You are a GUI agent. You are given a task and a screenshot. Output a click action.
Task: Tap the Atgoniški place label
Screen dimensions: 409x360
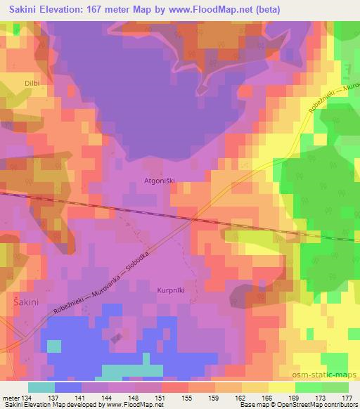pyautogui.click(x=158, y=180)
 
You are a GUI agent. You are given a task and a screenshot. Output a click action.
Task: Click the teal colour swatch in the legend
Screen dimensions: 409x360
pyautogui.click(x=41, y=387)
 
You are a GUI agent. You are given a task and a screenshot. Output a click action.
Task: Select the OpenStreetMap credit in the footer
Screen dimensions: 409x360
pyautogui.click(x=315, y=405)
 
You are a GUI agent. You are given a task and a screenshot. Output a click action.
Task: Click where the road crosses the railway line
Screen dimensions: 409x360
pyautogui.click(x=193, y=219)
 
